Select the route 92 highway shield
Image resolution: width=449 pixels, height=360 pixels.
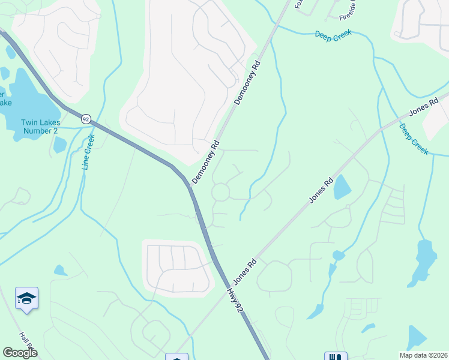pos(86,119)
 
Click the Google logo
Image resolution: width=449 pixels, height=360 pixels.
pos(20,353)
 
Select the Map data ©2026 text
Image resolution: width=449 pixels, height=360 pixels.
pos(423,355)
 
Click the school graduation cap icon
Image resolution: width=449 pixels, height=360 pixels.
pos(27,298)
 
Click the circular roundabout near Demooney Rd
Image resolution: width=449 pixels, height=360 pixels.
pos(220,192)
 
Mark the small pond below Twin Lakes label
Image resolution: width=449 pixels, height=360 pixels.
pos(59,145)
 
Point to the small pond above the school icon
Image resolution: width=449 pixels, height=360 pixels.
pos(60,271)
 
